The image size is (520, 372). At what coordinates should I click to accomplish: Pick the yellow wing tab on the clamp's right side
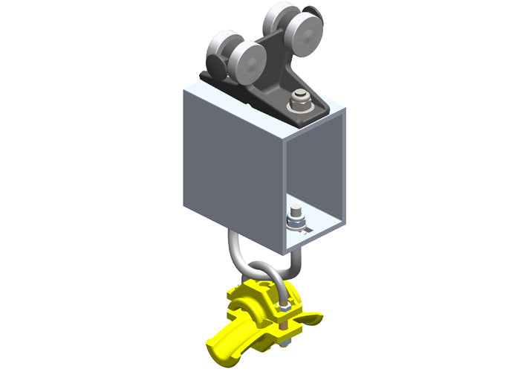click(312, 320)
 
